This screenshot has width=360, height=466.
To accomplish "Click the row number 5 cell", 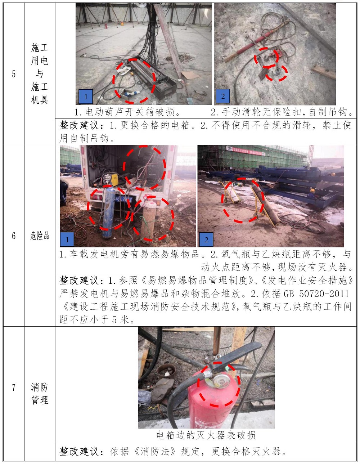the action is [14, 74].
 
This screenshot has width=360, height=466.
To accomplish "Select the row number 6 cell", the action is [14, 236].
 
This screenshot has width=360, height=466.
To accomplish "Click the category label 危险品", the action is [40, 236].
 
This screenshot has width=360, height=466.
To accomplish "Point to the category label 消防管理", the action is [40, 394].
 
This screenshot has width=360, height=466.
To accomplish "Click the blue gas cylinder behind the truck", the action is [109, 212].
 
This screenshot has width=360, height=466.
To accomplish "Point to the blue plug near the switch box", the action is [131, 94].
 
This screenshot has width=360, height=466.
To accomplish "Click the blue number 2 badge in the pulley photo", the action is [223, 96].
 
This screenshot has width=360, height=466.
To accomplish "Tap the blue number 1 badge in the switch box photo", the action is [86, 97].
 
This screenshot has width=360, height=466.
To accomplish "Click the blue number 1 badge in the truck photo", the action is [67, 239].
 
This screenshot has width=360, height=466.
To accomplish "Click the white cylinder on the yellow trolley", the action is [233, 194].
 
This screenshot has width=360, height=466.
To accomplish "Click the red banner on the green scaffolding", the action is [246, 151].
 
